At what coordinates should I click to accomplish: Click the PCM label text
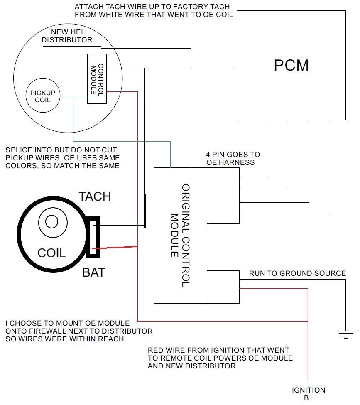point(291,65)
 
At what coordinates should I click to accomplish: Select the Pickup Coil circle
point(43,96)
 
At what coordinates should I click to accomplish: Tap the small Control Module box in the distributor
point(96,79)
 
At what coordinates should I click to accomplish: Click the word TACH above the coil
point(95,196)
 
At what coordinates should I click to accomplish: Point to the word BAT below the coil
point(93,272)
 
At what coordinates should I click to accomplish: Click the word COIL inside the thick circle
point(51,253)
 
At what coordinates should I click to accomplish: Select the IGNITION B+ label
point(309,394)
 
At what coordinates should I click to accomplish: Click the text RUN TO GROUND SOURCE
point(297,273)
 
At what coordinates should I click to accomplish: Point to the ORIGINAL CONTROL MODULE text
point(180,235)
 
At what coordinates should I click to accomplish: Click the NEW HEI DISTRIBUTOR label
point(71,36)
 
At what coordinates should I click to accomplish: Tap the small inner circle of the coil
point(51,221)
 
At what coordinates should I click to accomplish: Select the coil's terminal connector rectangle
point(93,236)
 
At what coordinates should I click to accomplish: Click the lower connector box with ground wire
point(223,286)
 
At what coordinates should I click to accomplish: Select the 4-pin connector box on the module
point(223,196)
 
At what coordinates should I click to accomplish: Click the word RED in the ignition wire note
point(156,350)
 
